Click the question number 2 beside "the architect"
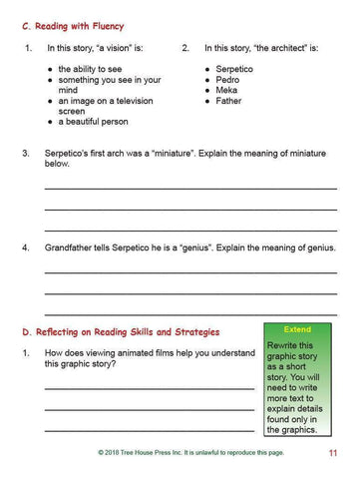185,48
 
